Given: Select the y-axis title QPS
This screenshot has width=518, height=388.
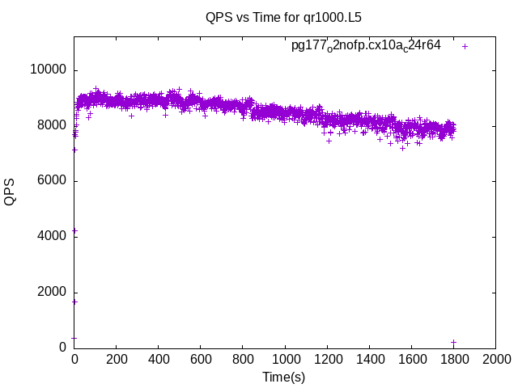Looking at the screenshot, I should pos(10,192).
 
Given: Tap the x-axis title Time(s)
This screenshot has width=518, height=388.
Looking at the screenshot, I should pos(283,377).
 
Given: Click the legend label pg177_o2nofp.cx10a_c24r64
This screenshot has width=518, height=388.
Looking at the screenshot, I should pos(366,46).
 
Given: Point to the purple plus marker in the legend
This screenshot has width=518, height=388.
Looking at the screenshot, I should pos(465,46).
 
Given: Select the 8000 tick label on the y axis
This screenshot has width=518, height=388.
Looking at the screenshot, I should pos(52,125).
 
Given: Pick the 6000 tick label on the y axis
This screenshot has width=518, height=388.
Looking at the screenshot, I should pos(52,181).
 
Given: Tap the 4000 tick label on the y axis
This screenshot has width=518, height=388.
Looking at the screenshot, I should pos(52,236).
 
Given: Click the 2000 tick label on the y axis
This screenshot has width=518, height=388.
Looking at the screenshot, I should pos(52,293).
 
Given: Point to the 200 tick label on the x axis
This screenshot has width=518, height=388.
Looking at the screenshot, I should pos(117,360).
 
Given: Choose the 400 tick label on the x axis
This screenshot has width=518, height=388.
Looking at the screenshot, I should pos(159,360).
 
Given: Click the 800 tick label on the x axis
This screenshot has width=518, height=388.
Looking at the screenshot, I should pos(243,360).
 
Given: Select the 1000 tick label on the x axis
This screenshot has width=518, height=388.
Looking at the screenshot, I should pos(285,360).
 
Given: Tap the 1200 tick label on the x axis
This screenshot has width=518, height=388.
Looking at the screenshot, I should pos(327,360).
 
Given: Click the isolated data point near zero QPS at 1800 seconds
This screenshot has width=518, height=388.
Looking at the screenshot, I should pos(454,342).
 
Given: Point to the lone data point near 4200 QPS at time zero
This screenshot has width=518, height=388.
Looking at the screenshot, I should pos(74,230).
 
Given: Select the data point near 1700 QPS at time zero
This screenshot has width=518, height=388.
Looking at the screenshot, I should pos(74,302).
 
